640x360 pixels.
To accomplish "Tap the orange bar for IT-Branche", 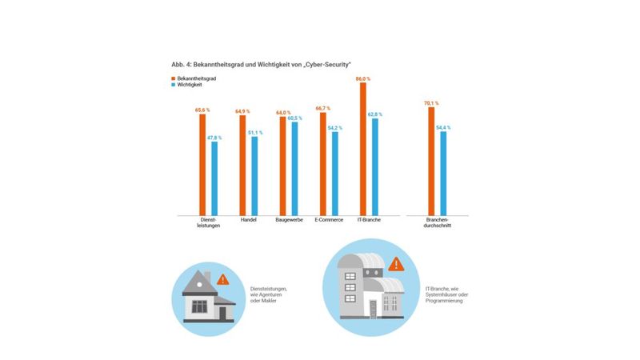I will click(x=363, y=148).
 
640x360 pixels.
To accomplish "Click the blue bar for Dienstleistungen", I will click(x=214, y=178).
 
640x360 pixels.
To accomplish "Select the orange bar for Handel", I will click(x=242, y=164).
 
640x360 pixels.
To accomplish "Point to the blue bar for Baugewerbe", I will click(x=294, y=168).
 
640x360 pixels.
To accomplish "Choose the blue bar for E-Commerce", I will click(x=334, y=173).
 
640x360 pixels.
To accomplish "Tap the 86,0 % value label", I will click(x=363, y=78).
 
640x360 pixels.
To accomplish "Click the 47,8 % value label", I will click(x=214, y=138).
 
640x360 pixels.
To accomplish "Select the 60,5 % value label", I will click(x=294, y=118).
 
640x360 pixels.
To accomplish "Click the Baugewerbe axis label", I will click(x=288, y=219).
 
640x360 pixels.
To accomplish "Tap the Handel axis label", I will click(x=247, y=219).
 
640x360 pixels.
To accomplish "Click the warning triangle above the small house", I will click(x=222, y=279).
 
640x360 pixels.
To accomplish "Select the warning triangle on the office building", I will click(x=394, y=263).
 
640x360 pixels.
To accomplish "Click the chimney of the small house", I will click(x=207, y=276).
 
